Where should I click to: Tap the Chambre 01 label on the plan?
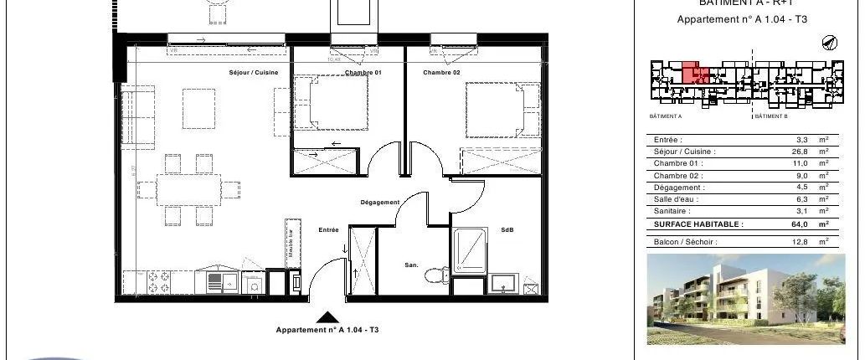(x=363, y=73)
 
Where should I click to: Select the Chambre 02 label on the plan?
(x=441, y=73)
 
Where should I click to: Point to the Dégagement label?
(x=379, y=202)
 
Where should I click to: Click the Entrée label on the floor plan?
(x=328, y=229)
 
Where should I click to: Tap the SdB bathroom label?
(x=507, y=229)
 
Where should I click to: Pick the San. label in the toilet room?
(x=411, y=265)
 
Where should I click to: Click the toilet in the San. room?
(x=435, y=275)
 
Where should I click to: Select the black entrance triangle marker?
(x=328, y=317)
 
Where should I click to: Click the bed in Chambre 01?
(x=332, y=105)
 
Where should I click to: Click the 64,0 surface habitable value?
(x=800, y=224)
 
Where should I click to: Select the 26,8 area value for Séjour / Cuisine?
(x=800, y=152)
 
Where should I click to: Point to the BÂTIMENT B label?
(x=772, y=116)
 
